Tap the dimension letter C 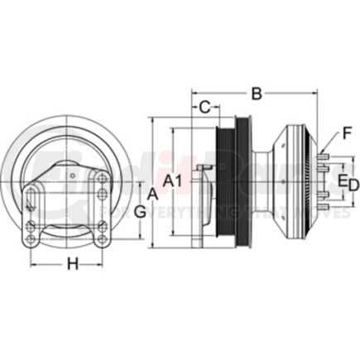pos(203,106)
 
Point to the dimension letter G pos(141,211)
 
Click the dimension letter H pos(72,265)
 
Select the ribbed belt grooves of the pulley pos(228,187)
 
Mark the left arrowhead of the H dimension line pos(33,265)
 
